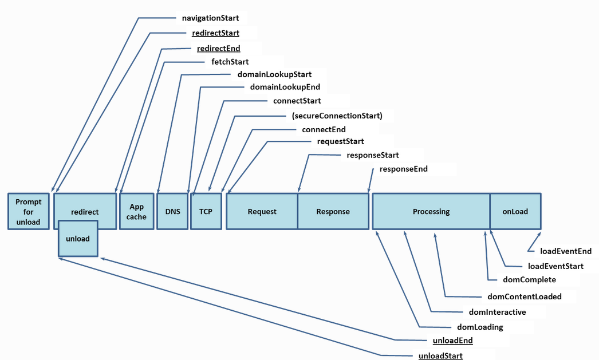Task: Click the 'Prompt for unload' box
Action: [x=29, y=212]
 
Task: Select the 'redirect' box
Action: [x=85, y=206]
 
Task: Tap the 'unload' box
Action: [x=78, y=239]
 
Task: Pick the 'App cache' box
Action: [x=137, y=212]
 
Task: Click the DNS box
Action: [x=173, y=212]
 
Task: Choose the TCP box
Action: [x=206, y=212]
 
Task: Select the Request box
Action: [x=262, y=212]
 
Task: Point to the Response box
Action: [x=333, y=212]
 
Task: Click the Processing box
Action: [x=431, y=212]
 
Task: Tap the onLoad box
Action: [x=515, y=212]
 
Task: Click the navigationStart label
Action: [x=211, y=18]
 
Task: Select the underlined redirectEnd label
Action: [x=219, y=49]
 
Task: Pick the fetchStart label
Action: [x=230, y=62]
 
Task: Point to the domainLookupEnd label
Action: [x=285, y=87]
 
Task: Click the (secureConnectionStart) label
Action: [x=337, y=116]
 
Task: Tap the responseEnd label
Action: [x=403, y=169]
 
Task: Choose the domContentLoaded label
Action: [x=525, y=296]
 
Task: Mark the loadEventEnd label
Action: [x=566, y=251]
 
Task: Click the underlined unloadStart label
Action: [x=440, y=356]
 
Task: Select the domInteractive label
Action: [x=498, y=312]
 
